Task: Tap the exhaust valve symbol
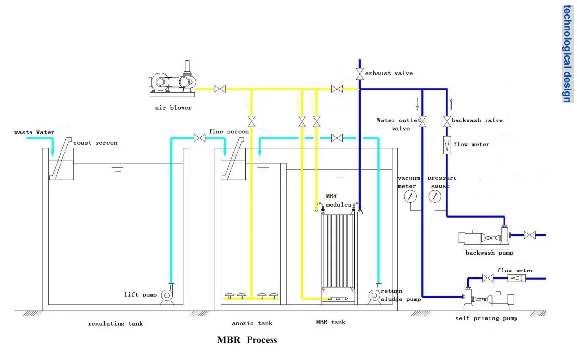click(x=360, y=74)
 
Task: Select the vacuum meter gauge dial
click(x=410, y=196)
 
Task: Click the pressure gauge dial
click(x=435, y=196)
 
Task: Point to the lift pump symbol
click(x=167, y=294)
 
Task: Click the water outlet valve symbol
click(x=423, y=121)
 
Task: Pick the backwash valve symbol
click(x=447, y=121)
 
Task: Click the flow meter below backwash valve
click(x=447, y=145)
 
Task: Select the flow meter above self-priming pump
click(x=516, y=278)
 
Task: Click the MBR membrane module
click(x=338, y=253)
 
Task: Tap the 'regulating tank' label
click(x=115, y=324)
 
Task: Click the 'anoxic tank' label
click(x=252, y=323)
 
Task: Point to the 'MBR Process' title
click(x=247, y=340)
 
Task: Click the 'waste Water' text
click(x=34, y=132)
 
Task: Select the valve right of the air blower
click(x=220, y=89)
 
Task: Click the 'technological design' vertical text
click(x=568, y=54)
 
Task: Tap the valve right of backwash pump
click(x=529, y=235)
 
